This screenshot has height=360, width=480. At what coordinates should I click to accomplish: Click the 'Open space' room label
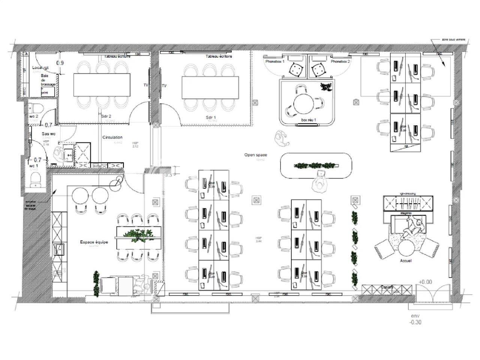click(255, 155)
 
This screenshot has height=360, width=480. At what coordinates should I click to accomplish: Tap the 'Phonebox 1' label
click(275, 61)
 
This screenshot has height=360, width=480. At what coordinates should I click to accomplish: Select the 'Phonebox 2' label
click(340, 61)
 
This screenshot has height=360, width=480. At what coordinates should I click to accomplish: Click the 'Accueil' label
click(406, 260)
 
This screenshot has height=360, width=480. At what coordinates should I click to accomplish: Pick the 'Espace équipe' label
click(94, 242)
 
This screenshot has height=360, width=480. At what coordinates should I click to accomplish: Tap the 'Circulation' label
click(112, 138)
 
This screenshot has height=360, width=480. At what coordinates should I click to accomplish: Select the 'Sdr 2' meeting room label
click(106, 116)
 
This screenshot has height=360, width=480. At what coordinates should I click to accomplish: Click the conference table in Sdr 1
click(210, 87)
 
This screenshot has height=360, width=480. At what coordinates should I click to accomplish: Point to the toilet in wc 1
click(36, 179)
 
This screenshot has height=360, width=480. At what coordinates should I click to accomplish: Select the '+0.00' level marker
click(425, 282)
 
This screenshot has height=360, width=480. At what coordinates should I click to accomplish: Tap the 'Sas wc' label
click(48, 133)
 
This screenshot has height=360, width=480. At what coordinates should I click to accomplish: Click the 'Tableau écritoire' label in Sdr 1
click(219, 56)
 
